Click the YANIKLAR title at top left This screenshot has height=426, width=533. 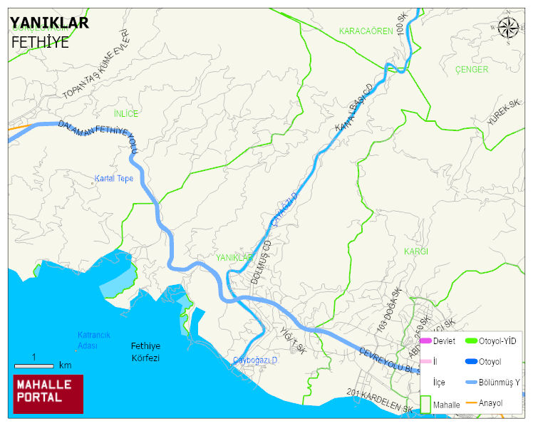50,23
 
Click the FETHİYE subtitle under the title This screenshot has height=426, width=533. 40,42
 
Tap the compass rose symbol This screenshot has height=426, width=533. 509,28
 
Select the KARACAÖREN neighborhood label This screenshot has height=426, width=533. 366,31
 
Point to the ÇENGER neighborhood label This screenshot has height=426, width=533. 472,70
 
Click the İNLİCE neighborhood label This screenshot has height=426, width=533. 126,113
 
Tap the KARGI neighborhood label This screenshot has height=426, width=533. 415,251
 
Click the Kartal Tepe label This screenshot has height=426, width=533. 114,178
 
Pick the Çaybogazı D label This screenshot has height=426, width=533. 255,361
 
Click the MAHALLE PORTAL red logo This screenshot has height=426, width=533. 48,394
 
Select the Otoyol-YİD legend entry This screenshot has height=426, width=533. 497,341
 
